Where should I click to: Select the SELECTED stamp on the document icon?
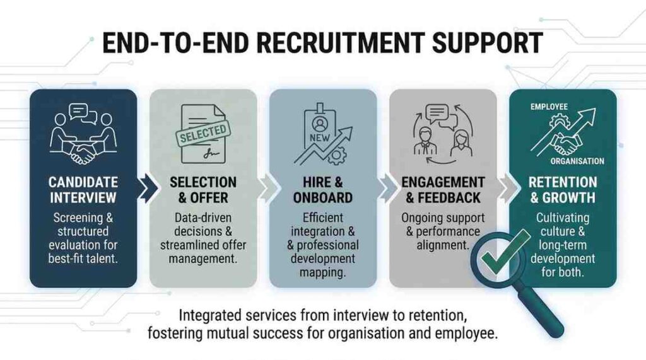(203, 134)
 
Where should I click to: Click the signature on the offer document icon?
(211, 154)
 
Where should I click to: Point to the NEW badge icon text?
(320, 137)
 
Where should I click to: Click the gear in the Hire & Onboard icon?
(338, 156)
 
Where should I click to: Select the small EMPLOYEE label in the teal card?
(549, 107)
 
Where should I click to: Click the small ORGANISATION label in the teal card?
(577, 161)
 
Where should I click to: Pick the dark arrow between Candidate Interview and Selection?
(148, 189)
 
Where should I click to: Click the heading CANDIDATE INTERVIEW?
(83, 190)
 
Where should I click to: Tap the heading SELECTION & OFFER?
(203, 190)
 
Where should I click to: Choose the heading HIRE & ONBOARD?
(323, 190)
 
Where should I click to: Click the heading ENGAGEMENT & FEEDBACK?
(443, 190)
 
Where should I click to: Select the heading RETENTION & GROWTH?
(563, 190)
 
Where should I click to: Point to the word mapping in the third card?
(322, 272)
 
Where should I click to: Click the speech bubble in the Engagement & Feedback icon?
(437, 112)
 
